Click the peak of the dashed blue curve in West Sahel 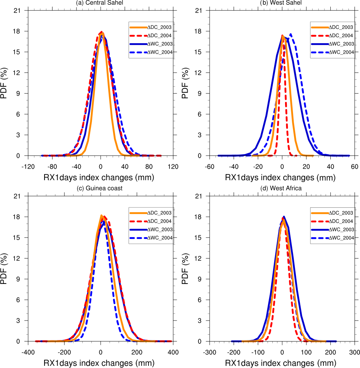point(291,34)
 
